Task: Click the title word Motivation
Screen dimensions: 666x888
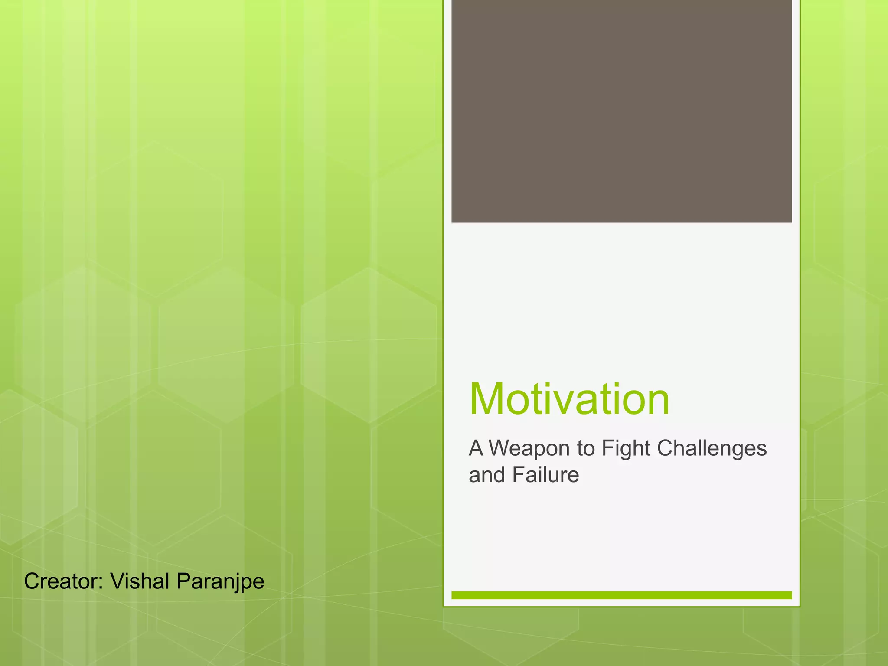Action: point(569,399)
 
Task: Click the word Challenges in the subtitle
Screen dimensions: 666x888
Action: point(712,448)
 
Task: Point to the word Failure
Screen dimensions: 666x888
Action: point(545,475)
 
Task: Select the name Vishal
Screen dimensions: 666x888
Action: point(139,581)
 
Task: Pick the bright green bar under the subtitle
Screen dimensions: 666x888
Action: point(621,595)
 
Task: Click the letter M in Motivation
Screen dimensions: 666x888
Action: point(489,399)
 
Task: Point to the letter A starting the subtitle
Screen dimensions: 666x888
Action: point(476,448)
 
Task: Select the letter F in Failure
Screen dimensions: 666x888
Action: point(518,475)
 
